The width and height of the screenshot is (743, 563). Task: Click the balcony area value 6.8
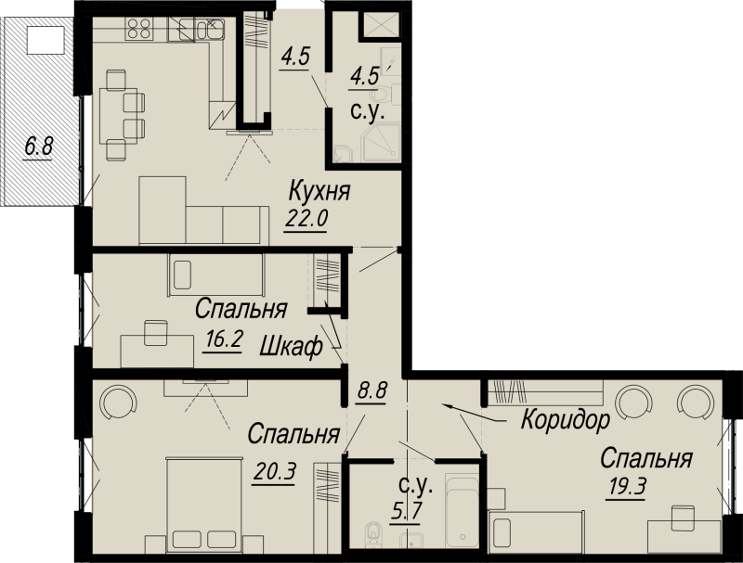(38, 147)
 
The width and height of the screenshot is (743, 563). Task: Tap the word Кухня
(319, 191)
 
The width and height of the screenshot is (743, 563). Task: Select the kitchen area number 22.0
(306, 219)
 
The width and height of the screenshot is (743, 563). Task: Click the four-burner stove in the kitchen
(139, 28)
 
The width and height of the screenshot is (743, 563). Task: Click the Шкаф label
(292, 347)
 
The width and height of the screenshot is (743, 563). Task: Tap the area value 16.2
(224, 339)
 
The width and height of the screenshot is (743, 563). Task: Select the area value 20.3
(275, 471)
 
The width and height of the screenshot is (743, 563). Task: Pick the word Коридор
(566, 419)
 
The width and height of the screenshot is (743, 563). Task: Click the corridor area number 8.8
(372, 391)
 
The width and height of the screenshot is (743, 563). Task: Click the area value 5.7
(406, 511)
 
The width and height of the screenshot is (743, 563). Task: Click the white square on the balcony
(46, 40)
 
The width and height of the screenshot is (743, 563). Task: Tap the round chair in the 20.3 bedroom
(119, 403)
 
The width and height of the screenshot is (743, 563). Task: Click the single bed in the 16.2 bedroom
(215, 275)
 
